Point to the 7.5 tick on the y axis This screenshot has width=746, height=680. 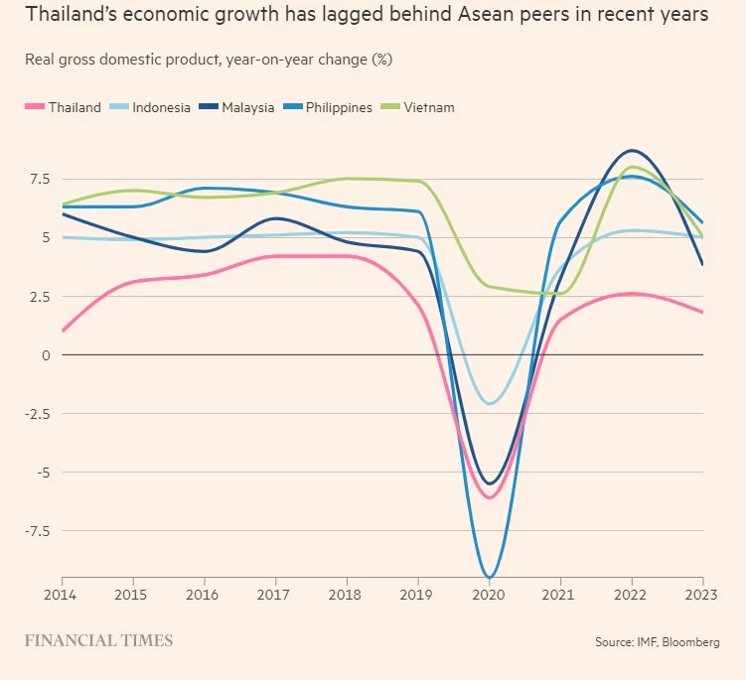point(40,179)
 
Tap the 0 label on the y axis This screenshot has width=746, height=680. point(45,354)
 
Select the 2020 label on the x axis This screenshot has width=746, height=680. point(489,595)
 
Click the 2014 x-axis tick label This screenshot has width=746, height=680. point(62,595)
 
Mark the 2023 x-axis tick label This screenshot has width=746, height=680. point(701,595)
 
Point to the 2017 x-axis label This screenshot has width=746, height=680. point(275,595)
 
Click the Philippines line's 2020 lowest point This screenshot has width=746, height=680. point(489,577)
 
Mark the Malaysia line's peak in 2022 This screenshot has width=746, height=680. point(632,151)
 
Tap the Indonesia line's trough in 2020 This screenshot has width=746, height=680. point(489,403)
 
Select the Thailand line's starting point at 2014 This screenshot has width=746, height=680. point(63,331)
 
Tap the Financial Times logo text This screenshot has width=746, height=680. point(98,640)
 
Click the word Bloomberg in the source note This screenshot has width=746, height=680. point(689,643)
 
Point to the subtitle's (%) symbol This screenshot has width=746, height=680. point(381,60)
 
